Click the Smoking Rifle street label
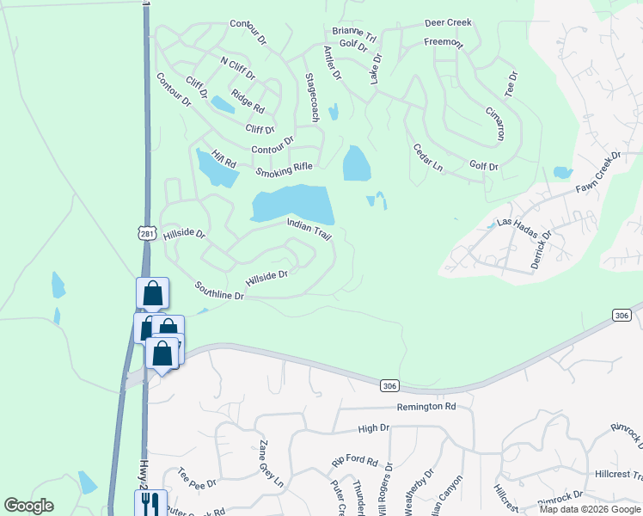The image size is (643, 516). click(284, 169)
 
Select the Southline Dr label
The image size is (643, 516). click(219, 291)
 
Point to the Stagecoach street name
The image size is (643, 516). click(312, 96)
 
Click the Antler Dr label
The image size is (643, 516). click(333, 63)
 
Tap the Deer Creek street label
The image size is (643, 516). click(447, 24)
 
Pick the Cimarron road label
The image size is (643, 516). click(494, 124)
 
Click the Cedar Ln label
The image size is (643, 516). click(427, 157)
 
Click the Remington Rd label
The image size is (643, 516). click(426, 406)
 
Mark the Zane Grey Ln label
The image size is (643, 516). click(271, 464)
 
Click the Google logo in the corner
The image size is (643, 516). click(28, 506)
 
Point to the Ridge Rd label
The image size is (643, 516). click(248, 101)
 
